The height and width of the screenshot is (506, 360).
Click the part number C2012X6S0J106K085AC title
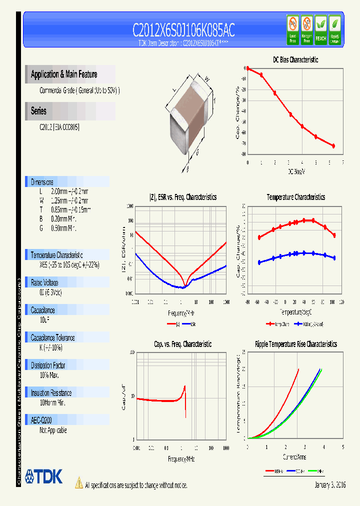(x=183, y=30)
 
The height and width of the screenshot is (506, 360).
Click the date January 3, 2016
(x=330, y=485)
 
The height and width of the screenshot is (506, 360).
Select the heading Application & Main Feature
(x=64, y=74)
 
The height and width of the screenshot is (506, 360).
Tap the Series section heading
(x=39, y=111)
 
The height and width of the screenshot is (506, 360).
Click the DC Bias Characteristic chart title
(x=295, y=59)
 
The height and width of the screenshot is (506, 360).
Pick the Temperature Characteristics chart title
(x=295, y=197)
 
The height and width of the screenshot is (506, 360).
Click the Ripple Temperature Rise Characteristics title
(x=295, y=344)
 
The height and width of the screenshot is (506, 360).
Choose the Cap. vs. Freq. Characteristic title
(x=182, y=344)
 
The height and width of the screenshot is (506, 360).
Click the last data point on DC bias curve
(x=333, y=145)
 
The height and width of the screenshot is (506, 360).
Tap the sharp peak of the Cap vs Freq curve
(x=185, y=386)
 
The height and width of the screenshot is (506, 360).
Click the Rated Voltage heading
(x=44, y=282)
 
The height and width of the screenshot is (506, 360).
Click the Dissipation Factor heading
(x=48, y=365)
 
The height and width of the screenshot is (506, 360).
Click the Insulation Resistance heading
(x=51, y=393)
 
